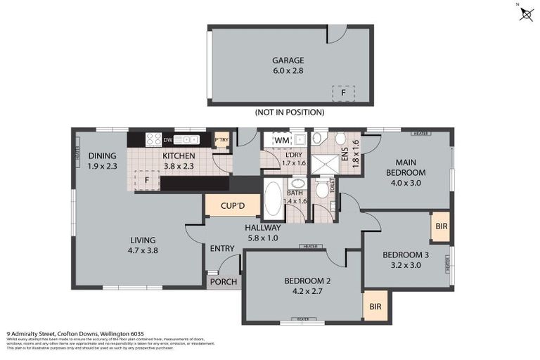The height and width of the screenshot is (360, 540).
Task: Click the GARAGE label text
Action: point(290,60)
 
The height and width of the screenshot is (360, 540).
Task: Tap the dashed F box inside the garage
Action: point(343,93)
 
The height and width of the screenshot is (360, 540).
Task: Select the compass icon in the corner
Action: point(526,13)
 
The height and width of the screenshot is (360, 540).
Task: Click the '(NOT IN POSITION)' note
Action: point(290,112)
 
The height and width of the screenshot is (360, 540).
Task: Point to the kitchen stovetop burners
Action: point(154,140)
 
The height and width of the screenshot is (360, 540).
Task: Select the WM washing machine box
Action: point(282,141)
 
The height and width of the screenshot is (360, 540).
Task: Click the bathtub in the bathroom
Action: point(273,199)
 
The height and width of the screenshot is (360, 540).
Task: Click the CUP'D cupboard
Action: point(233,206)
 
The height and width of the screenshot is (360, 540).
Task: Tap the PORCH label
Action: point(224,282)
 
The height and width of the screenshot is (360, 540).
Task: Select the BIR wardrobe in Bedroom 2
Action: point(375,307)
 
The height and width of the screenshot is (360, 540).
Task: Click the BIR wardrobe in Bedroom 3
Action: point(442,226)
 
